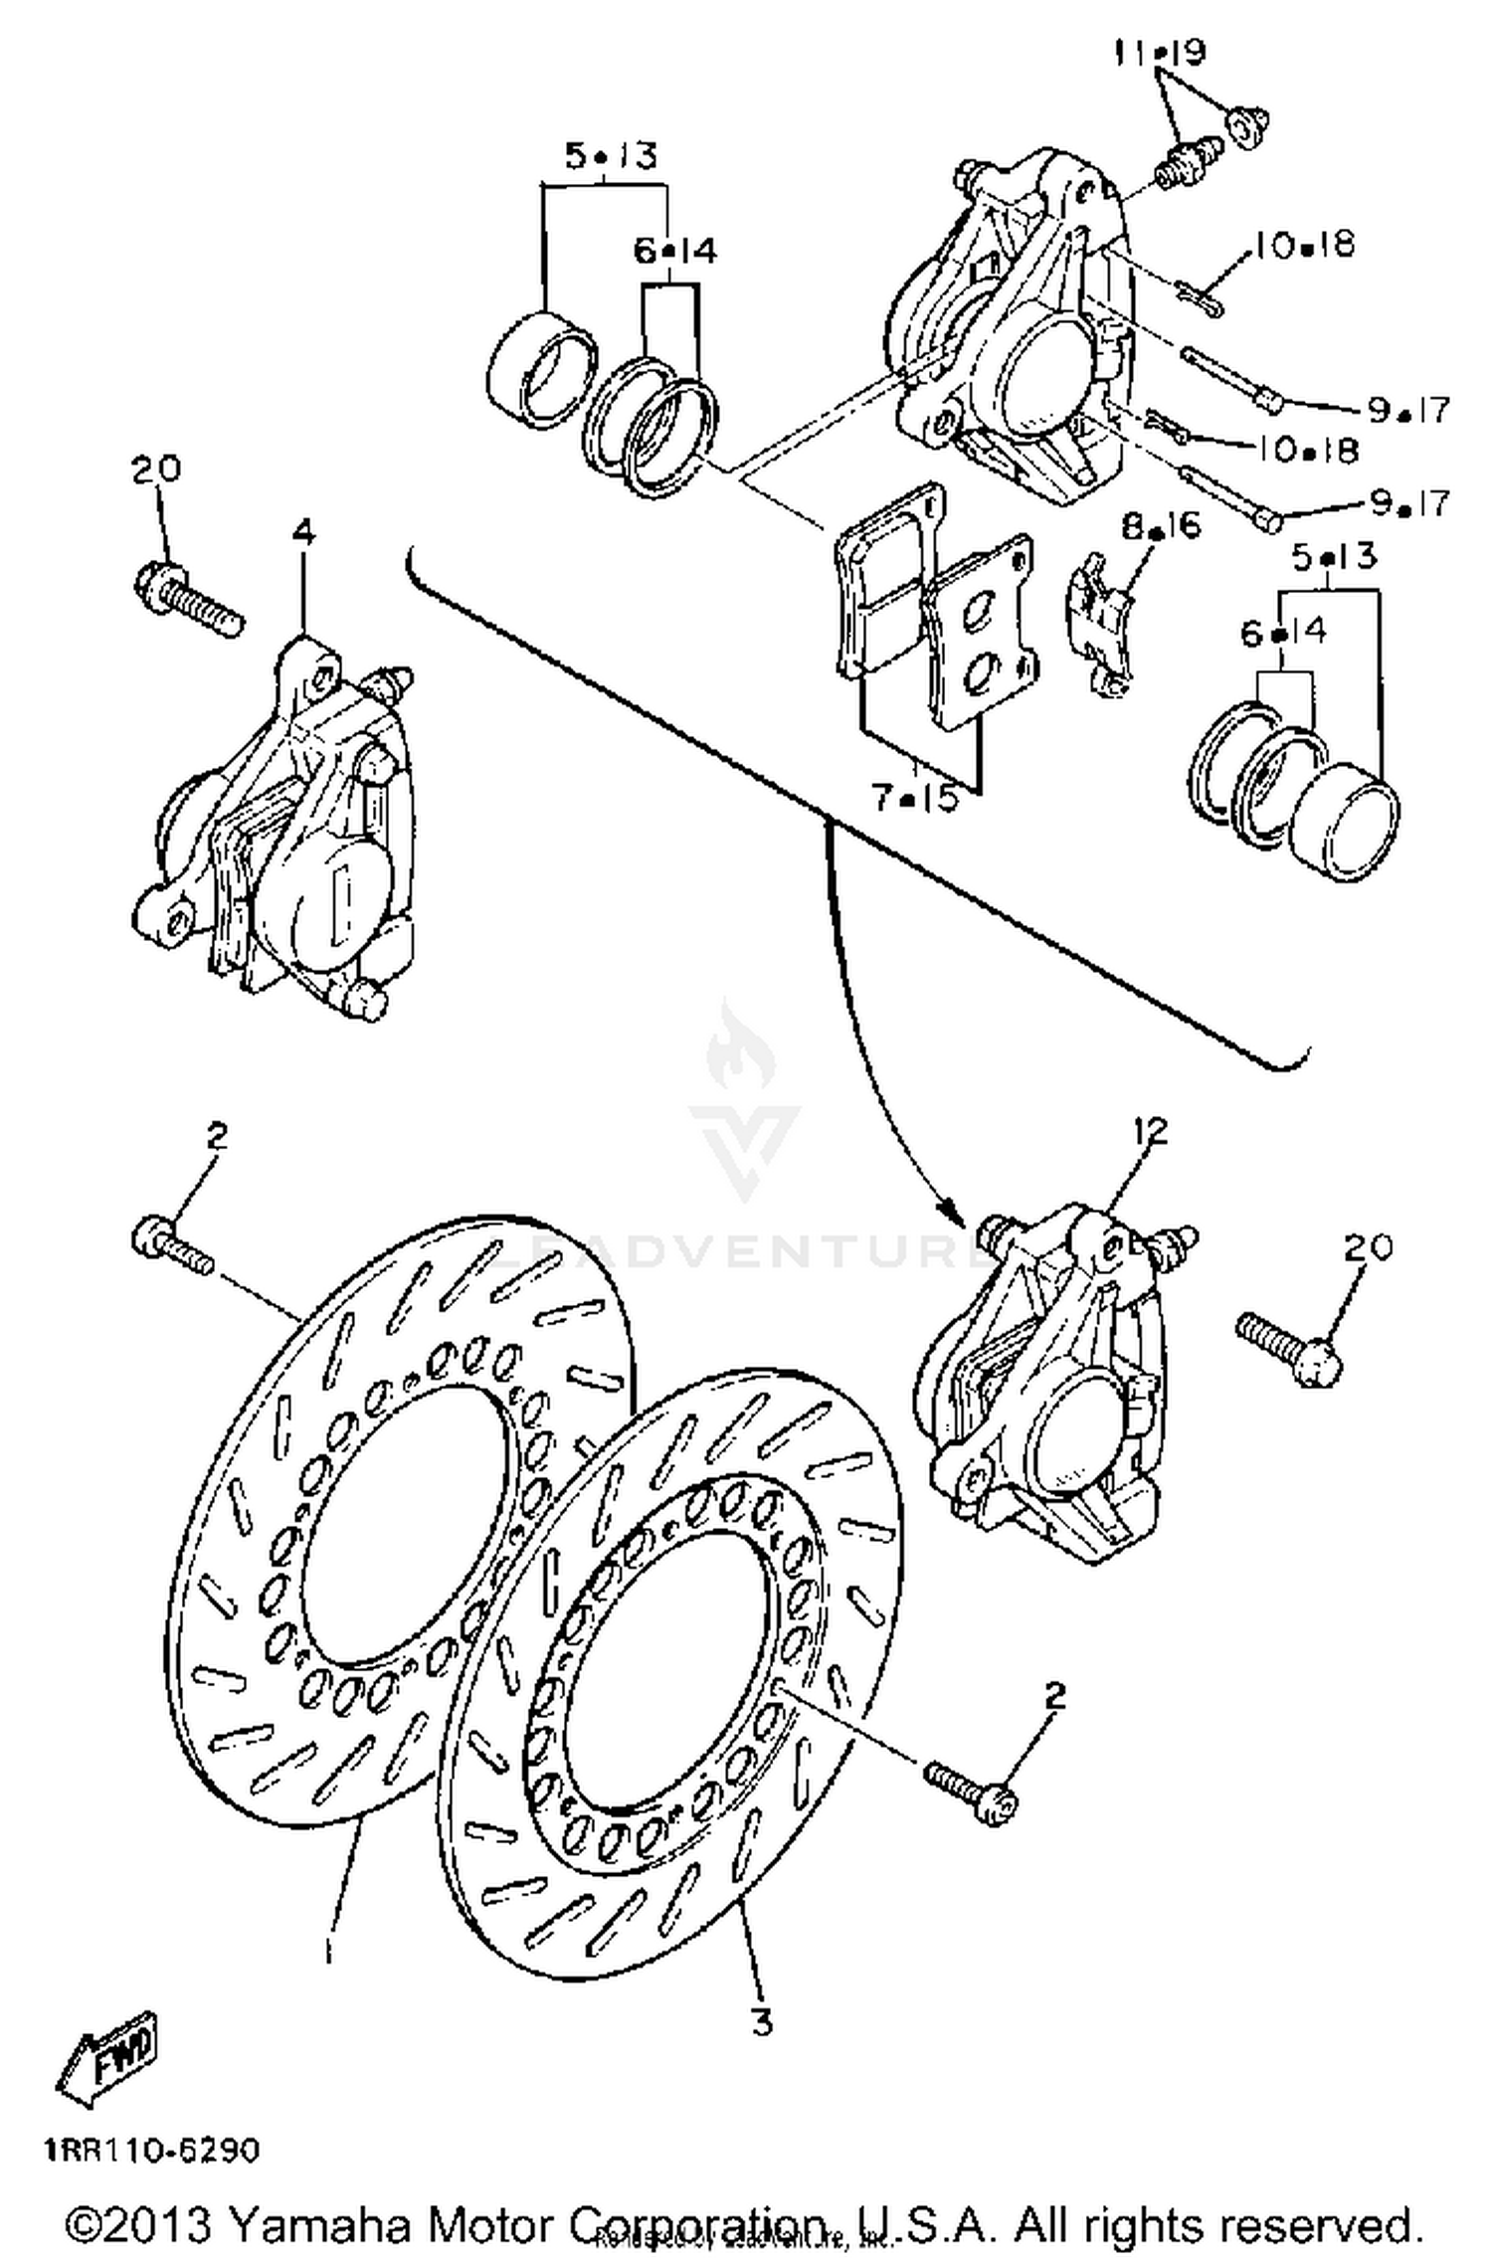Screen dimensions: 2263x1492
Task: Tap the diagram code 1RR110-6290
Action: pos(151,2152)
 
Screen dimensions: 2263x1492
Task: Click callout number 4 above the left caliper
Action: pos(303,533)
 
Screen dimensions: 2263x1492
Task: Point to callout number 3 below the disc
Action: pos(761,2020)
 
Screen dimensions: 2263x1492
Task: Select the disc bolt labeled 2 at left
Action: pos(171,1247)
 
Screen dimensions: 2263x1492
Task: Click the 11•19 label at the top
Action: pos(1158,52)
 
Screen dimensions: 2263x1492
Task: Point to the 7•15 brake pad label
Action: pos(914,798)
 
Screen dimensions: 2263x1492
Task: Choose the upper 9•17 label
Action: pos(1408,408)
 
